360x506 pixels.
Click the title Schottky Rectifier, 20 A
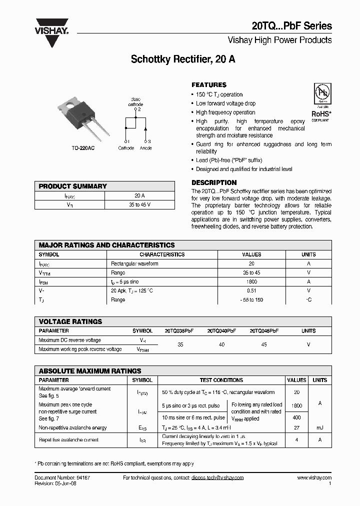183,59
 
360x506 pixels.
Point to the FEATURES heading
209,85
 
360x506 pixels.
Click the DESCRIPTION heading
214,182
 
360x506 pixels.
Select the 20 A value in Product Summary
139,195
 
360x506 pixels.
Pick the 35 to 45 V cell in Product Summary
139,204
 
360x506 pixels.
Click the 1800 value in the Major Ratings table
251,282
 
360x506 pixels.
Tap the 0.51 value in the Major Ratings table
251,291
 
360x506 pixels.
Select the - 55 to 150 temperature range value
251,300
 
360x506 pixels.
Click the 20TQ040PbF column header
221,331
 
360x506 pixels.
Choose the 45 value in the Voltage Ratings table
264,344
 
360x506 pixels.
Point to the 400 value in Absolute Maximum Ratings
297,417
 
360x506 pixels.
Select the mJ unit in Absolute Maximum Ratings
320,428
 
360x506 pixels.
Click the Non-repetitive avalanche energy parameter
72,428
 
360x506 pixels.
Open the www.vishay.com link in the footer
314,478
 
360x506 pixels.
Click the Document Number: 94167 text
62,478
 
